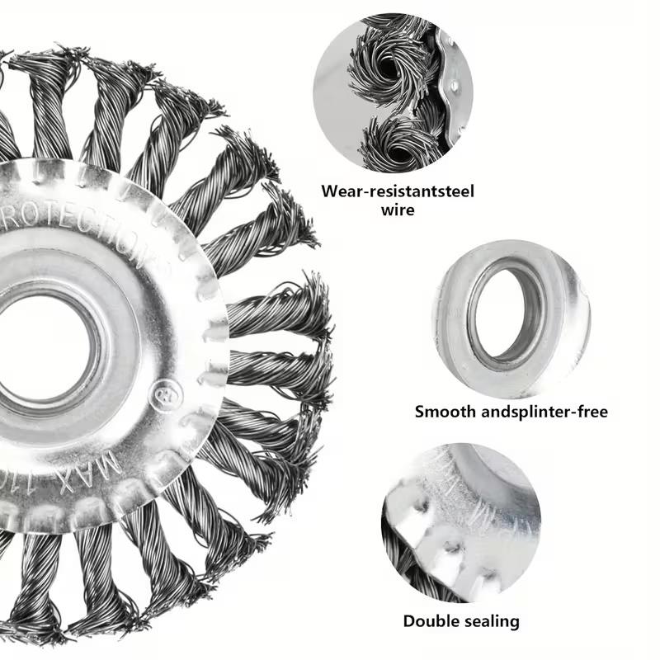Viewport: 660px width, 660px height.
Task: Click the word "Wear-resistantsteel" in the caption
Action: (398, 191)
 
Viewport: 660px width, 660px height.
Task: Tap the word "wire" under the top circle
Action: (398, 210)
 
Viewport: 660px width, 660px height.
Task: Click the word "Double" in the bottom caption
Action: (431, 620)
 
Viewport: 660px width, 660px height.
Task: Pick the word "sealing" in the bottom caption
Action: (490, 620)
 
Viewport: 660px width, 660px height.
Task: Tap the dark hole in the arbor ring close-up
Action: (506, 313)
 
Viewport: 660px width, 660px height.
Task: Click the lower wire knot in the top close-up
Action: (404, 136)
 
